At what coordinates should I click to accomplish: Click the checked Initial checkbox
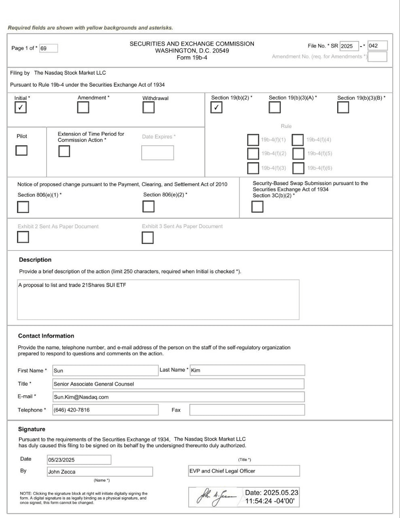point(20,108)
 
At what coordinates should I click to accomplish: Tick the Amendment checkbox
point(83,107)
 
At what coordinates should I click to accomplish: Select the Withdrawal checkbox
point(149,108)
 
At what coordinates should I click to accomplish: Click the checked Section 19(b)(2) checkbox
point(217,107)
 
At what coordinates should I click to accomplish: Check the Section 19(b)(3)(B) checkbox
point(343,107)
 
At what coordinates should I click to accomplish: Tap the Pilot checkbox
point(21,150)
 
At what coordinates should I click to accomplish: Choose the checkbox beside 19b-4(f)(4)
point(298,140)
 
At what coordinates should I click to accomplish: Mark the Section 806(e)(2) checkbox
point(149,206)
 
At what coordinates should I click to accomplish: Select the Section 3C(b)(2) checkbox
point(257,206)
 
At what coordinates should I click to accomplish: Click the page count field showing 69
point(49,48)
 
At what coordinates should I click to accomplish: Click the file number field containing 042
point(377,46)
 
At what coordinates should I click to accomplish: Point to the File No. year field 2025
point(349,46)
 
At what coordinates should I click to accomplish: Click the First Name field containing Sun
point(105,370)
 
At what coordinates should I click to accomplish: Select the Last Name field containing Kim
point(247,370)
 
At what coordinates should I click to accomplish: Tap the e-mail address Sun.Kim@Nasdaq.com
point(81,397)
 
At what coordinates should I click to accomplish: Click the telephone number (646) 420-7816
point(72,410)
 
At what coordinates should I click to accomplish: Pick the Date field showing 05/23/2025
point(79,460)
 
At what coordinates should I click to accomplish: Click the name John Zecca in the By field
point(62,472)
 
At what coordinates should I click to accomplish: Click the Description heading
point(35,260)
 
